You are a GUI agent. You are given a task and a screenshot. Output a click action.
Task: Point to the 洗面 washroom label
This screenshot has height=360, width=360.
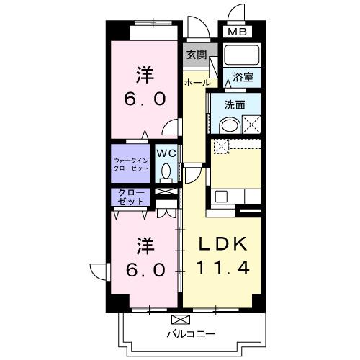(x=234, y=104)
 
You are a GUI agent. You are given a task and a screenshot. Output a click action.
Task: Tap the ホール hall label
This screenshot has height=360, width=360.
(x=197, y=83)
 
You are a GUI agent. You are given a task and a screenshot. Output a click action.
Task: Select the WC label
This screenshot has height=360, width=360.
(x=166, y=153)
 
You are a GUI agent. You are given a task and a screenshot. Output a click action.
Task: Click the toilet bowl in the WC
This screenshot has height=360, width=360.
(x=166, y=172)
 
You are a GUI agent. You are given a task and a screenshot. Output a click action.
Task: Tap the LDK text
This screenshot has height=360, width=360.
(x=223, y=243)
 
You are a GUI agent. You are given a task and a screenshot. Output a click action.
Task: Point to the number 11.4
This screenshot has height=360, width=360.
(x=223, y=269)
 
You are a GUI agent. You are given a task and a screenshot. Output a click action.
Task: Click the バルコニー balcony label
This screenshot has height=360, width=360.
(x=192, y=333)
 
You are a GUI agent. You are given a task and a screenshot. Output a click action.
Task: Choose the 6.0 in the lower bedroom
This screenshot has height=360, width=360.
(x=142, y=269)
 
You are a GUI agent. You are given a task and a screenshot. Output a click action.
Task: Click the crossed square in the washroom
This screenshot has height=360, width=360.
(x=253, y=125)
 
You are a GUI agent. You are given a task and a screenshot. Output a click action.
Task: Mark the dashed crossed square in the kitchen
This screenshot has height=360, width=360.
(x=221, y=147)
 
